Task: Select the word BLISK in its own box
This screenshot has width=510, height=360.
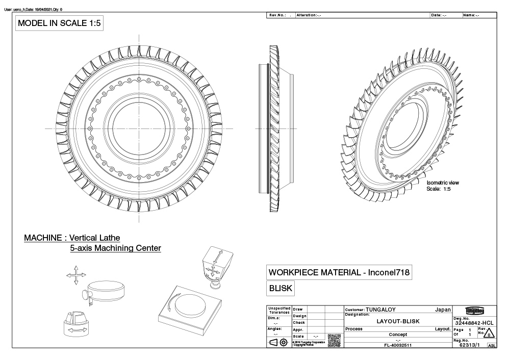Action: coord(280,288)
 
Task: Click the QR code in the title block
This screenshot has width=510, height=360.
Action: coord(334,340)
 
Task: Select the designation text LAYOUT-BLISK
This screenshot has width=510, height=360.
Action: coord(398,322)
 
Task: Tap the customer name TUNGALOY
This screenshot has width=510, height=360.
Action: coord(380,310)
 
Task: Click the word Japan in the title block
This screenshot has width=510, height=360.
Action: coord(442,310)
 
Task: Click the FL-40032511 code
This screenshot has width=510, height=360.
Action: coord(398,345)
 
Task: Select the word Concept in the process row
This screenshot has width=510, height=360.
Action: coord(398,335)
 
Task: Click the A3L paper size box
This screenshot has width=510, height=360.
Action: coord(492,346)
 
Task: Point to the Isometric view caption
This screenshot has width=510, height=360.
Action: coord(442,183)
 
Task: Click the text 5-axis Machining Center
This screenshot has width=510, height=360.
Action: coord(115,248)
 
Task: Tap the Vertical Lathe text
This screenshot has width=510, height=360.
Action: coord(95,238)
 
